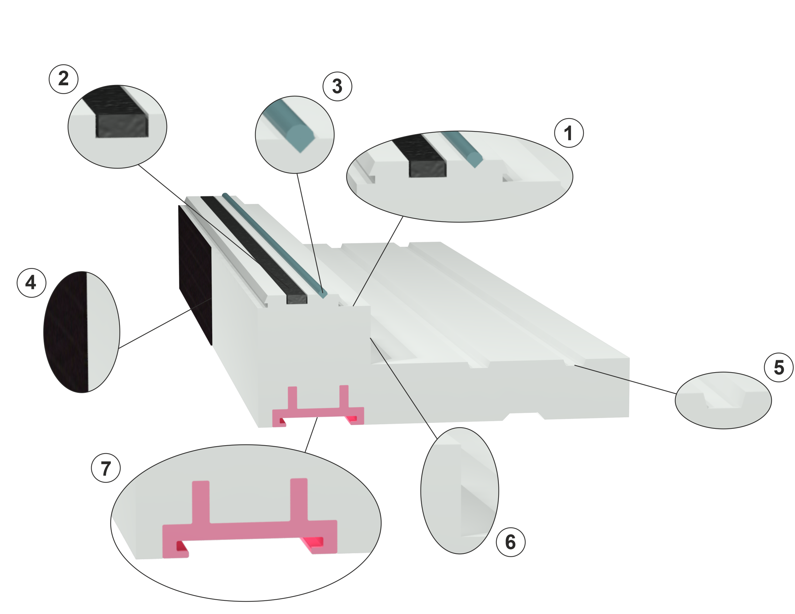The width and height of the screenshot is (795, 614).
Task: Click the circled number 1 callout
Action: click(x=568, y=133)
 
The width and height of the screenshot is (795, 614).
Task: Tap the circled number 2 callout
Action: click(x=64, y=79)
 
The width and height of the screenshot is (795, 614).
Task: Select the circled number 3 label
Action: click(x=337, y=86)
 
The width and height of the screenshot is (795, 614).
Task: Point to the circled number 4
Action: click(x=32, y=283)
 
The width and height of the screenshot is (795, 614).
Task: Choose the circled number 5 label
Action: click(x=779, y=367)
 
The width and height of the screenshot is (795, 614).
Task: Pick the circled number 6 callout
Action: click(x=511, y=542)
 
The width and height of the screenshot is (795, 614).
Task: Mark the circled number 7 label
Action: click(x=106, y=468)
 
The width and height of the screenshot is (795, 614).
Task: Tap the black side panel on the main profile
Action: click(x=195, y=275)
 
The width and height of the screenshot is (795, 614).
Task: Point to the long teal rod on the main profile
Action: click(x=275, y=246)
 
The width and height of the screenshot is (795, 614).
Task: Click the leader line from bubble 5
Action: click(x=625, y=380)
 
